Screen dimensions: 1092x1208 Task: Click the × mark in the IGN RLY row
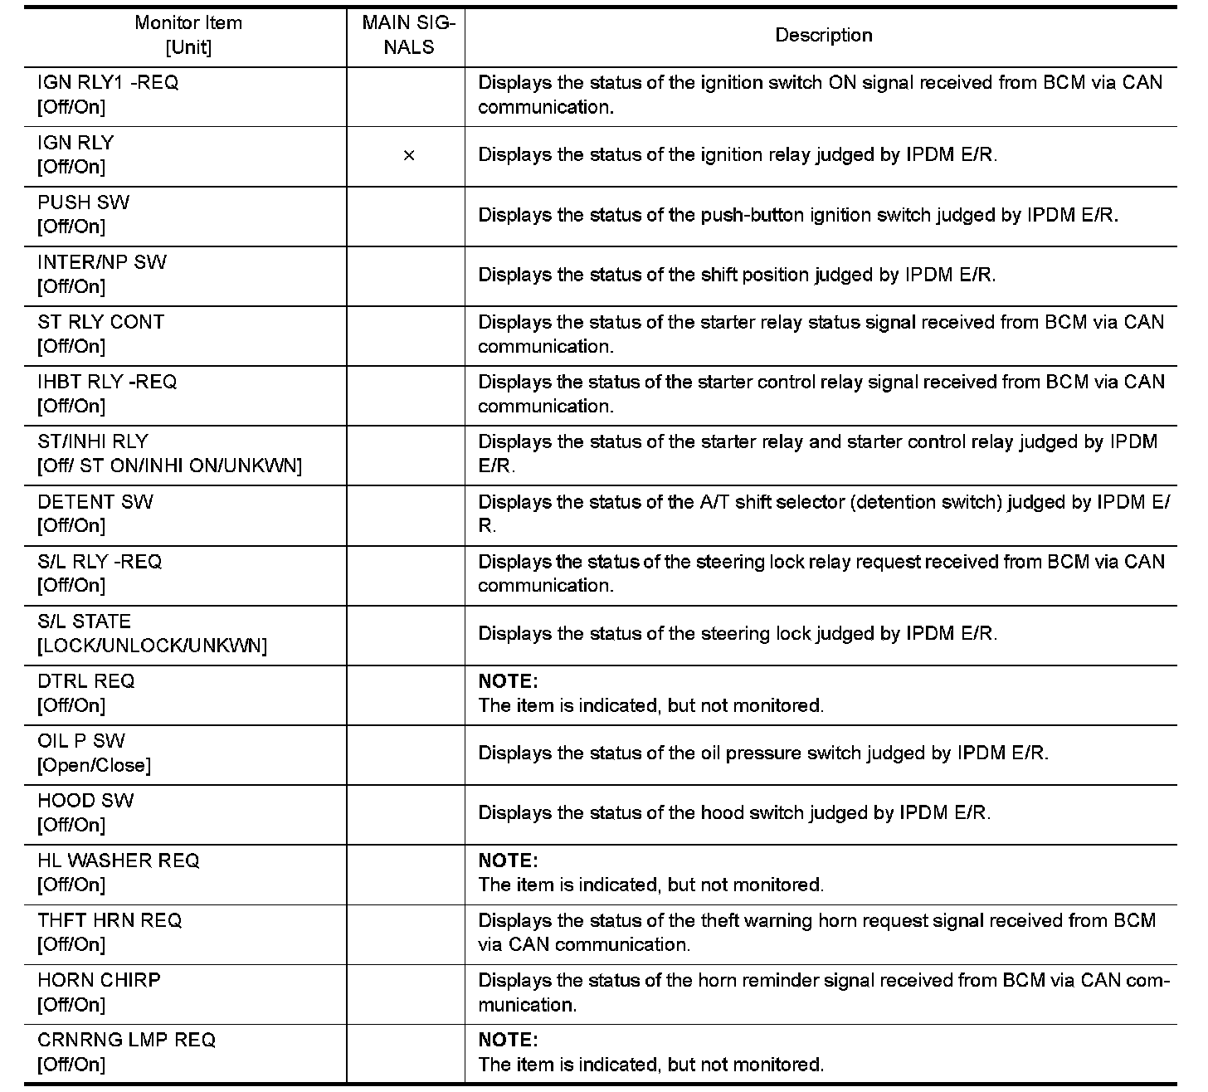point(408,155)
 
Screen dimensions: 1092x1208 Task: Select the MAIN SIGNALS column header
point(408,35)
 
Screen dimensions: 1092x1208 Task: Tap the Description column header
point(823,35)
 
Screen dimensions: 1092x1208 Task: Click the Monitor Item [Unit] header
point(188,35)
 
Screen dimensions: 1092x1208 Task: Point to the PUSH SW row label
point(84,202)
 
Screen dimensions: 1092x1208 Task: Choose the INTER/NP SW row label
point(102,262)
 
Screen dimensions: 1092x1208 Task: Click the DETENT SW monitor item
point(95,502)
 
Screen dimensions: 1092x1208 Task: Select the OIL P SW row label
point(81,741)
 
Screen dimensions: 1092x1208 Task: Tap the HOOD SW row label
point(85,801)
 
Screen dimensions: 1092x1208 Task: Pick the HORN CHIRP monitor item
point(99,980)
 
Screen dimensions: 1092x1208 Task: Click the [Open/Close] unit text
point(94,765)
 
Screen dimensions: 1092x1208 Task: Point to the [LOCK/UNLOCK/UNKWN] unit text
point(152,646)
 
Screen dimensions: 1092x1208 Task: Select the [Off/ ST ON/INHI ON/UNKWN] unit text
point(169,466)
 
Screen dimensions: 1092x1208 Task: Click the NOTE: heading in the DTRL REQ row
point(508,681)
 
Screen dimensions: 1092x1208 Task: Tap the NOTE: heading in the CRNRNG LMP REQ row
point(508,1040)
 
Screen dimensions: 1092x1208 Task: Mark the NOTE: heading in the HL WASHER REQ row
point(508,860)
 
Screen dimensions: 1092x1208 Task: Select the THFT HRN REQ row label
point(110,920)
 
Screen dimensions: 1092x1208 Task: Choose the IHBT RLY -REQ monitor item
point(107,383)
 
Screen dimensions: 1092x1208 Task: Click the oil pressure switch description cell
point(763,753)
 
